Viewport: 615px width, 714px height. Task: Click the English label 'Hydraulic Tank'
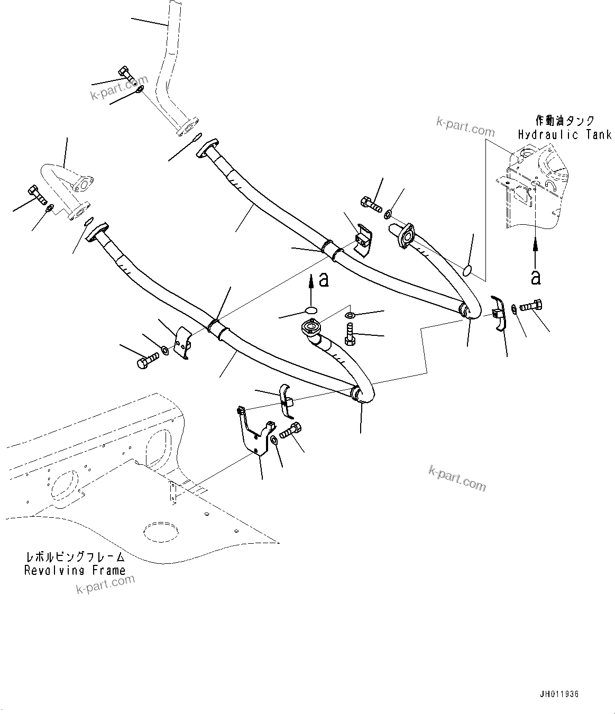point(564,135)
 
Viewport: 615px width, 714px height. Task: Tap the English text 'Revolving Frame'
point(75,570)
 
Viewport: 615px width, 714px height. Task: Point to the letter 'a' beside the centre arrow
point(324,280)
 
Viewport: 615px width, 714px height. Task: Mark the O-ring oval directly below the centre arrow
point(312,310)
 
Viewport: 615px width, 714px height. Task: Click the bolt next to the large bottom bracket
point(290,430)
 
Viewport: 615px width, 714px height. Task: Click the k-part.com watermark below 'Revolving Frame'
point(106,584)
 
